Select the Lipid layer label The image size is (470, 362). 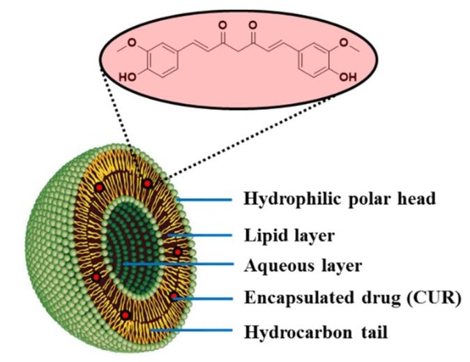click(x=289, y=235)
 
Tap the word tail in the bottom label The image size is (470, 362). click(x=370, y=331)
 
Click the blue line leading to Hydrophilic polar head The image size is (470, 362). click(x=205, y=200)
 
